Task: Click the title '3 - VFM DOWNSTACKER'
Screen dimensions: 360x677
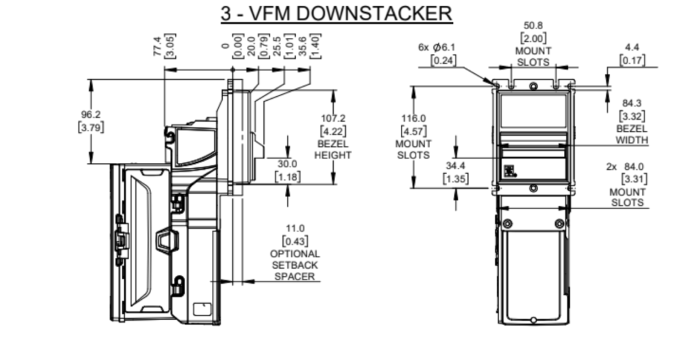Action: [336, 14]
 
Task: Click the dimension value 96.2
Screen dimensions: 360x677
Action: [91, 114]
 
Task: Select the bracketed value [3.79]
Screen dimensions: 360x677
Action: [91, 127]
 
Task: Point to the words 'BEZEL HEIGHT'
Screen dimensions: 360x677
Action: [332, 149]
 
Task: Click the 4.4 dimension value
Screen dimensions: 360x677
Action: [632, 48]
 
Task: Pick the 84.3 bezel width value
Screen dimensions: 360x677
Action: [632, 104]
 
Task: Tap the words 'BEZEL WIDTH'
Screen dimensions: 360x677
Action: [632, 135]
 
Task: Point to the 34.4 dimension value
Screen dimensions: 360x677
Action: [454, 166]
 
